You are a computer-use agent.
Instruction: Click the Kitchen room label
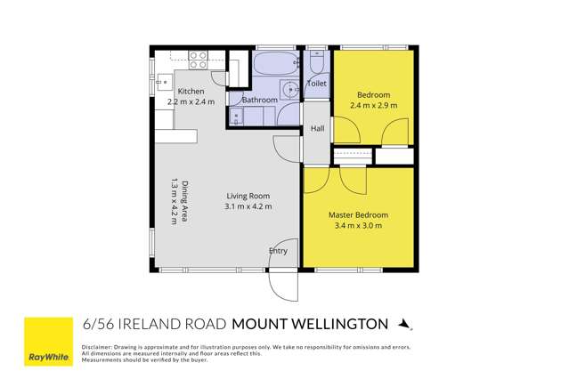(191, 92)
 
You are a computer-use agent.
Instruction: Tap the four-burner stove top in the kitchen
(199, 60)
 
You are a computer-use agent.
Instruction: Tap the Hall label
(317, 129)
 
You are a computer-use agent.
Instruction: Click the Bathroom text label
(259, 101)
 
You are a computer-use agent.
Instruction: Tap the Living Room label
(248, 196)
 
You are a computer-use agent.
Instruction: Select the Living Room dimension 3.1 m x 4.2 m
(248, 206)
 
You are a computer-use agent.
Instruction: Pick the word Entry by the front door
(279, 251)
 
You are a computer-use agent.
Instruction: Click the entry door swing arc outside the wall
(284, 283)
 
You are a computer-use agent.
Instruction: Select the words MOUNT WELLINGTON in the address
(310, 323)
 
